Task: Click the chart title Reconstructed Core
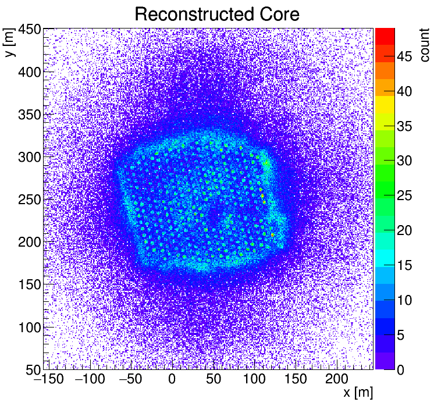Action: (217, 14)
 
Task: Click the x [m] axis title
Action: (358, 393)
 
